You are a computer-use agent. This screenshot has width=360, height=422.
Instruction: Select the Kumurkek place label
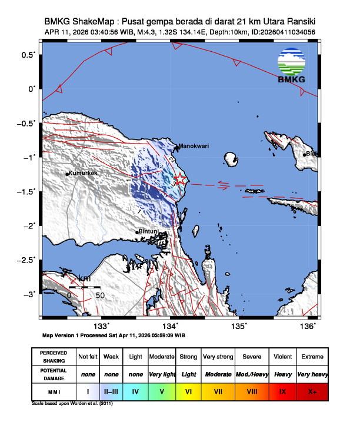click(83, 173)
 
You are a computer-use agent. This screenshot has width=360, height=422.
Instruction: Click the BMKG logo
click(292, 67)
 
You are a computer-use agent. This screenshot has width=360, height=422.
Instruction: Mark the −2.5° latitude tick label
click(26, 260)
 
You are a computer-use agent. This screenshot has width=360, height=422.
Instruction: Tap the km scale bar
click(85, 288)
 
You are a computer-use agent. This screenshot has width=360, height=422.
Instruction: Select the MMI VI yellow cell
click(189, 391)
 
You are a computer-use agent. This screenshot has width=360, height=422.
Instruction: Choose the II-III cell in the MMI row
click(111, 391)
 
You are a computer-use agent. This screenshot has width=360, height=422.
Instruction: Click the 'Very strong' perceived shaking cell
click(218, 357)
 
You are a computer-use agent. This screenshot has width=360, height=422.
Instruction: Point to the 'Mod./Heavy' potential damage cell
click(249, 374)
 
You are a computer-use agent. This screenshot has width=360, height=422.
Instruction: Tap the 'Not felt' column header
click(88, 357)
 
